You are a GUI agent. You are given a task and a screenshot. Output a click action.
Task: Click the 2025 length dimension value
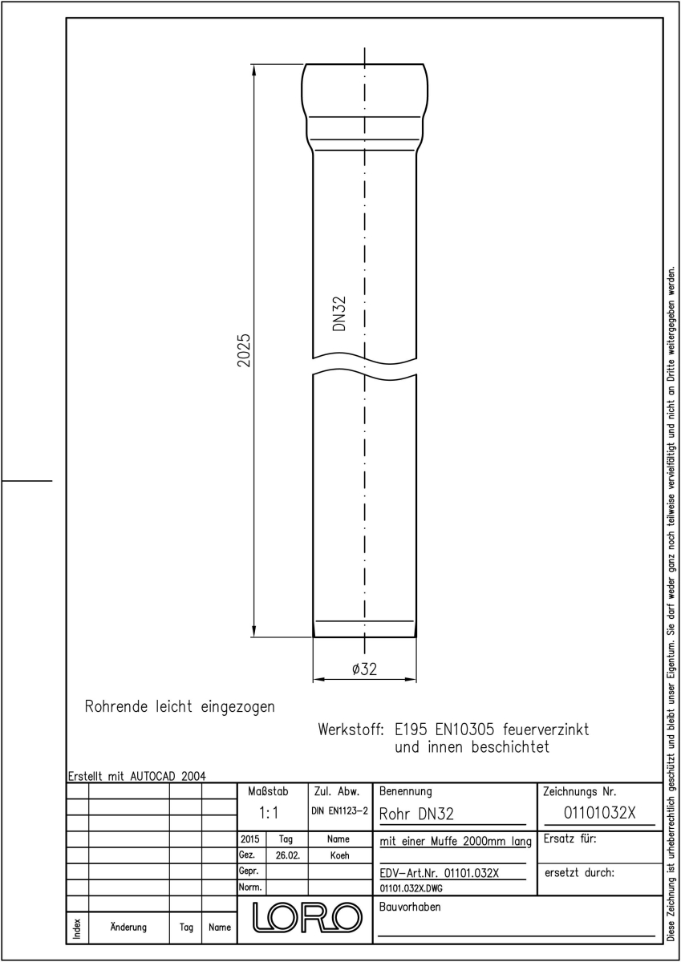[x=244, y=350]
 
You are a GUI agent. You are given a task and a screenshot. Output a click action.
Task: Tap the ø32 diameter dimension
[x=364, y=669]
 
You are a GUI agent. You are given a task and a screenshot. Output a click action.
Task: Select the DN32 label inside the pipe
[x=339, y=313]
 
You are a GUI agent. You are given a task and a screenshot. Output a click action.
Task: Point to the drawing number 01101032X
[x=599, y=813]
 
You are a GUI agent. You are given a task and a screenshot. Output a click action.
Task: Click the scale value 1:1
[x=269, y=813]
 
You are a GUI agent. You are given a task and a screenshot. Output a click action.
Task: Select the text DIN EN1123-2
[x=340, y=811]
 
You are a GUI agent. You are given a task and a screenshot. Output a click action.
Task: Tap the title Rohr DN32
[x=416, y=814]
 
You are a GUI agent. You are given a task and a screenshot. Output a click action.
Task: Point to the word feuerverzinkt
[x=546, y=730]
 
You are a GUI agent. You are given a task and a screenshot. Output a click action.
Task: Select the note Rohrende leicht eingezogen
[x=180, y=706]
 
